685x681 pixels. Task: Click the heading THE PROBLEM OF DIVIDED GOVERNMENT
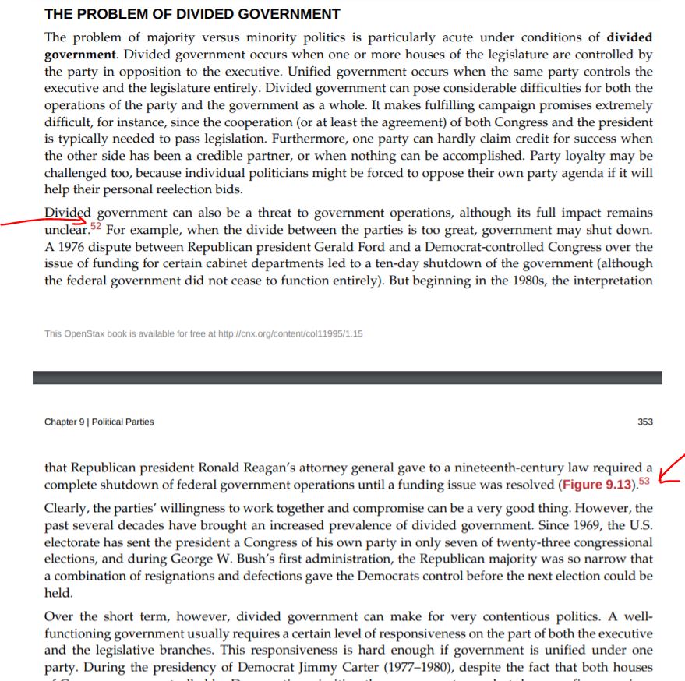192,14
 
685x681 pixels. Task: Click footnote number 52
96,227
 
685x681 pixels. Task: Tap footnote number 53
644,482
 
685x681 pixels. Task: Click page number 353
645,422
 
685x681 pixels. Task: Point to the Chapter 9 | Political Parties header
99,422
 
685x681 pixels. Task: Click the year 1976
70,246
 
